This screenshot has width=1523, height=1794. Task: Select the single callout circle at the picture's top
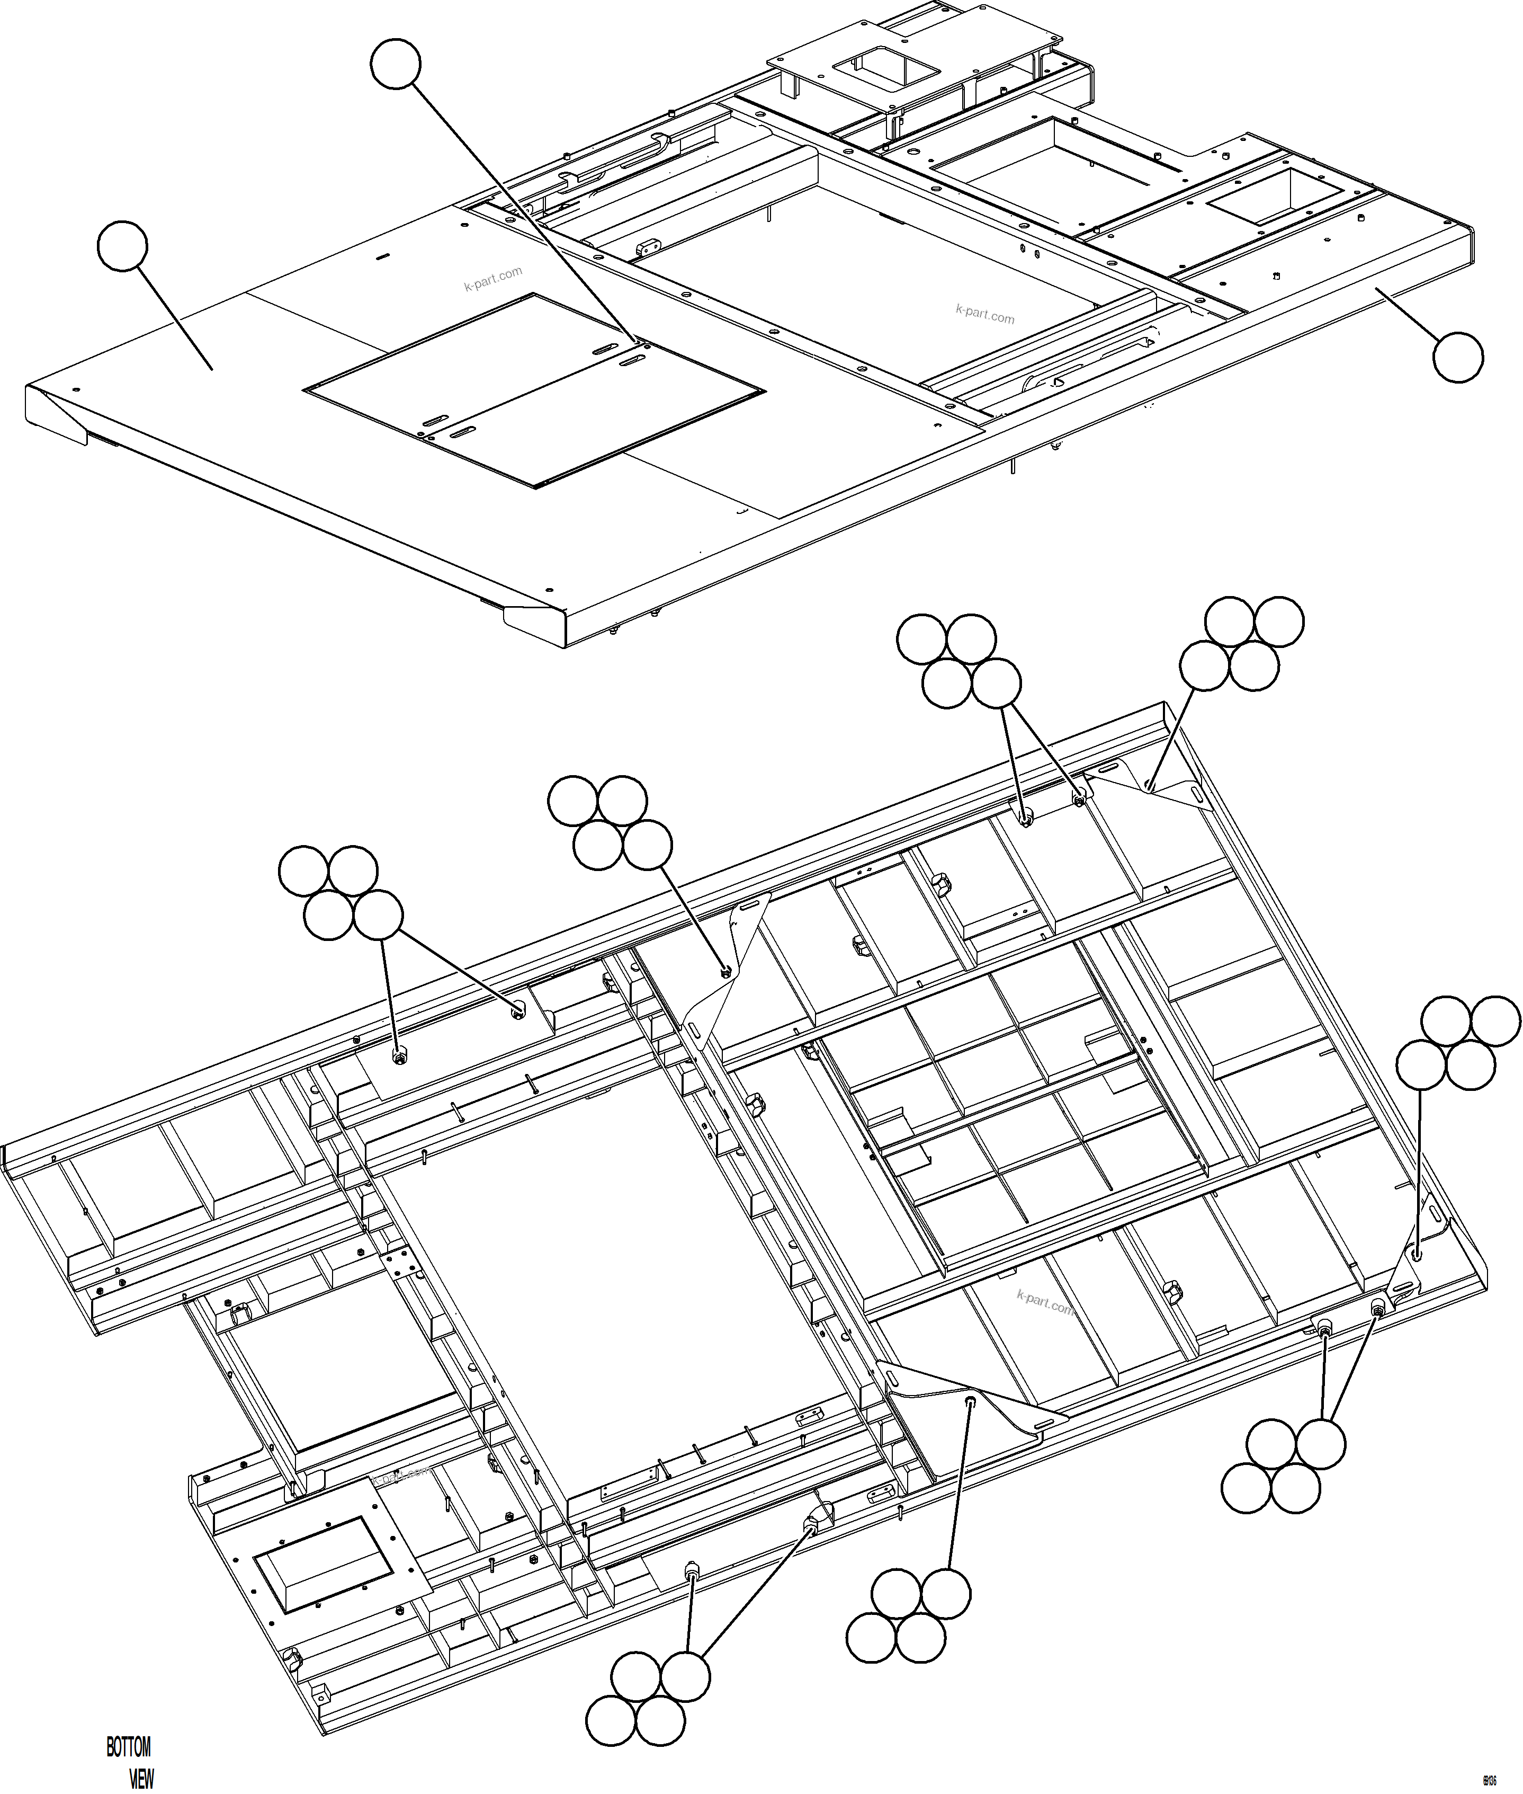click(x=396, y=64)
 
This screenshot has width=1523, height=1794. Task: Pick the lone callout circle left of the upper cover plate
click(x=123, y=246)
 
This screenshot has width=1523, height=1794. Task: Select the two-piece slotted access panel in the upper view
click(x=535, y=389)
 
